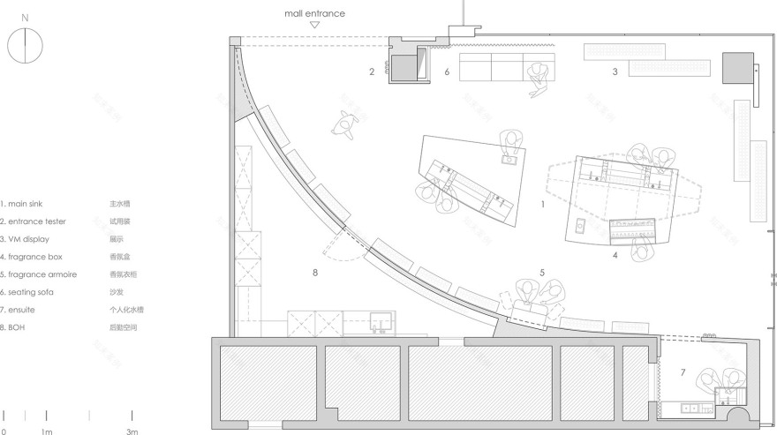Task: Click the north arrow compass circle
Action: point(26,45)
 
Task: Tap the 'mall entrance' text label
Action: point(314,13)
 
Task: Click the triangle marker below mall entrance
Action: point(314,26)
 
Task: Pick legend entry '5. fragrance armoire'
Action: point(33,274)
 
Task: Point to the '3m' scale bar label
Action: point(132,431)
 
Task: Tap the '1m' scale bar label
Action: point(46,431)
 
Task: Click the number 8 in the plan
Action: point(314,273)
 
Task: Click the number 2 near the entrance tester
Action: point(372,71)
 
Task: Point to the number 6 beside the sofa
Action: point(447,71)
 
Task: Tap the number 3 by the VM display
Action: point(615,71)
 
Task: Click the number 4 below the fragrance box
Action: point(615,256)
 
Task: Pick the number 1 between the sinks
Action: point(543,204)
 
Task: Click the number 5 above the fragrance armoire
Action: point(542,273)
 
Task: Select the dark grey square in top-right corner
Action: point(736,67)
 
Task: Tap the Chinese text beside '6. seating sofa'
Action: point(116,292)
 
